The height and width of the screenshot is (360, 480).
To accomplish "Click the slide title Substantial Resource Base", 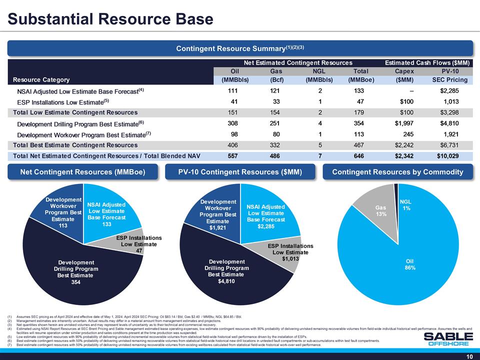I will [x=110, y=19].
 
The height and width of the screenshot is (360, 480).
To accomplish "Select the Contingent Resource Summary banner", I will [x=240, y=48].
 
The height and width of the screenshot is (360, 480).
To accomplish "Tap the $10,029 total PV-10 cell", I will [x=452, y=156].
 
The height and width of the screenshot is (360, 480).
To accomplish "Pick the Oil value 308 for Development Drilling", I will [x=231, y=123].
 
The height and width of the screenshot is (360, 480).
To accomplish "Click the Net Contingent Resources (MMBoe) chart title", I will [x=82, y=172].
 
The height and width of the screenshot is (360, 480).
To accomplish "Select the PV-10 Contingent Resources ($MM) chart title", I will [x=240, y=172].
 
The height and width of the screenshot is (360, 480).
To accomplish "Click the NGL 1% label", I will [x=407, y=205].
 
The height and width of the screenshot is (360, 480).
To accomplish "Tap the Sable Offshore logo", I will [x=447, y=339].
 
